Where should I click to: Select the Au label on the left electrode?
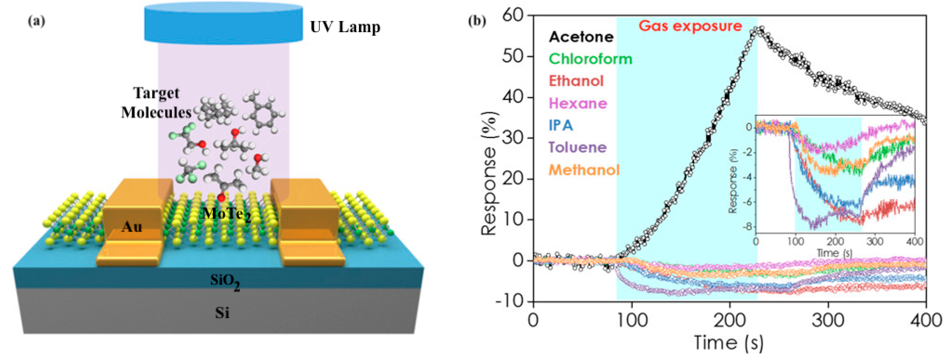point(132,227)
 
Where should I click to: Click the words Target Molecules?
point(156,103)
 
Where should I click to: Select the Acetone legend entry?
point(581,37)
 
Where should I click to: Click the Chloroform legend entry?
point(590,59)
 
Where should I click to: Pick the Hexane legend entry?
point(578,103)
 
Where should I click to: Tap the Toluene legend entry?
point(578,147)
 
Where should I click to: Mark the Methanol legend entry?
point(584,170)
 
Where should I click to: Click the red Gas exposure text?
point(690,26)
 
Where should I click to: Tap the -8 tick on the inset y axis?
point(748,227)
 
